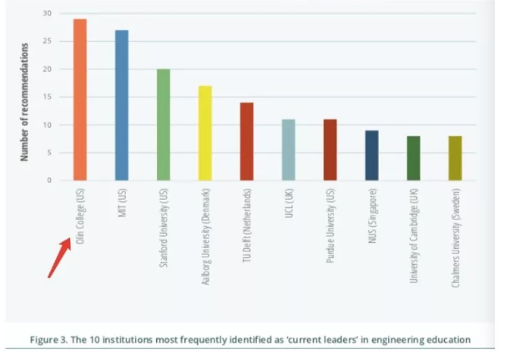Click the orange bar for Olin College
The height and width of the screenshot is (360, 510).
tap(80, 99)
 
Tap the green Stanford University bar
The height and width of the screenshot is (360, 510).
tap(164, 124)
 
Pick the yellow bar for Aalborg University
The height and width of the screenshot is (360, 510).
tap(205, 133)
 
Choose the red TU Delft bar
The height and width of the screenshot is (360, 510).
tap(246, 141)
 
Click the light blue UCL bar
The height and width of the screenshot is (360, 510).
tap(288, 150)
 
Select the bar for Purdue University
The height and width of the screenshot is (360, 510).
tap(331, 150)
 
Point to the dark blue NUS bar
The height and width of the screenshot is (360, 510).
tap(371, 155)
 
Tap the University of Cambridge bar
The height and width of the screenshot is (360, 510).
tap(413, 158)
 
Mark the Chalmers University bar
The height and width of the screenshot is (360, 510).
tap(455, 158)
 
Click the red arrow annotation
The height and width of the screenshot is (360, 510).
tap(58, 256)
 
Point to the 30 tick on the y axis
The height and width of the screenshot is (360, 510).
tap(48, 14)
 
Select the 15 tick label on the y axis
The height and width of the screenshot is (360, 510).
tap(48, 97)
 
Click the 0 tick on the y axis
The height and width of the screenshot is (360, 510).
tap(49, 180)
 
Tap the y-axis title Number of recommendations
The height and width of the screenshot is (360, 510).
tap(25, 101)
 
